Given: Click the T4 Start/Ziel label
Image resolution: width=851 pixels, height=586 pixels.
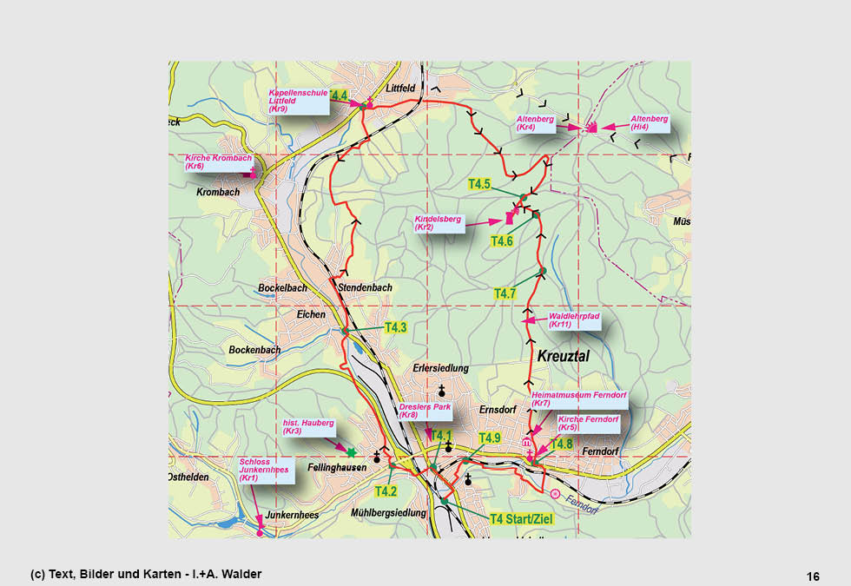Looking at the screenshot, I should tap(521, 519).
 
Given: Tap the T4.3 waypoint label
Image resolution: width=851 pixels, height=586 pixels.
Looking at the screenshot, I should tap(396, 327).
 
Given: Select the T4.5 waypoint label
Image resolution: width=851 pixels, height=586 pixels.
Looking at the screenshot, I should tap(479, 184).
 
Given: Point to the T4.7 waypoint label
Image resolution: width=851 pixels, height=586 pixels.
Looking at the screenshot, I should tap(505, 293).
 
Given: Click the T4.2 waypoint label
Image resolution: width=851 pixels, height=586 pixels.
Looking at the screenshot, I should tap(386, 491).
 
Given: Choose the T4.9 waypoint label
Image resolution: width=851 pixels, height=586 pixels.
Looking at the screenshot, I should tap(490, 438).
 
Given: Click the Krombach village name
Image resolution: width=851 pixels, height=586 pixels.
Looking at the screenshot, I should tap(218, 192).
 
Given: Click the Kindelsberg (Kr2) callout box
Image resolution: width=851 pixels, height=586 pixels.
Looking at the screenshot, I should tap(438, 224).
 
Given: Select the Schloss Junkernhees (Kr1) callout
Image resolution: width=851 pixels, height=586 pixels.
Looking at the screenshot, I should tap(262, 470).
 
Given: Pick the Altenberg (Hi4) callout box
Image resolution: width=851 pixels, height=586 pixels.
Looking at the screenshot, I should tap(650, 122).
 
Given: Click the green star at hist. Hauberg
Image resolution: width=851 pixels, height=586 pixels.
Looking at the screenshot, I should tap(351, 452).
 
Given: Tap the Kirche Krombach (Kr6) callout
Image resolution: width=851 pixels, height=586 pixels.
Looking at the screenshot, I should tap(219, 161).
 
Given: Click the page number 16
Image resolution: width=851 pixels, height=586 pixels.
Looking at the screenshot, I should tap(813, 576).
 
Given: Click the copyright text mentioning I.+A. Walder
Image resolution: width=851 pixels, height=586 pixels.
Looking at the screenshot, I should tap(146, 574).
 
